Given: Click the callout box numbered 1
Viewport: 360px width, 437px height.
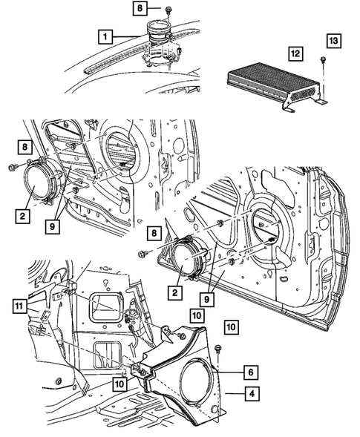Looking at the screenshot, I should pyautogui.click(x=108, y=34).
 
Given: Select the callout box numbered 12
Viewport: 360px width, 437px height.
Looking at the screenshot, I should pyautogui.click(x=295, y=53).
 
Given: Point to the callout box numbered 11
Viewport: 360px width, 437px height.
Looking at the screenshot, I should pyautogui.click(x=19, y=304).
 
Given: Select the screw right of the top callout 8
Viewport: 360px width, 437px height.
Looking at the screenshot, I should pyautogui.click(x=169, y=10).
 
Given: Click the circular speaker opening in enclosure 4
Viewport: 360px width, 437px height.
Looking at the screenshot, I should pyautogui.click(x=200, y=382).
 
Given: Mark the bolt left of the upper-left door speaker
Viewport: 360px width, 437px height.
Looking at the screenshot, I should pyautogui.click(x=12, y=168).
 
